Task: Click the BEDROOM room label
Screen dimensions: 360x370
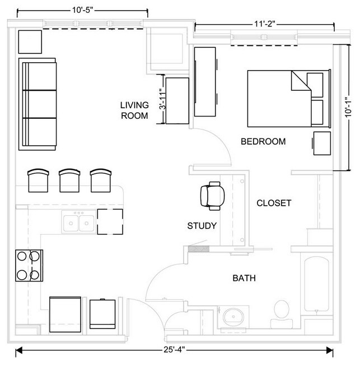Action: [x=263, y=141]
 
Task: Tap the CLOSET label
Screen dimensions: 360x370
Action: [x=274, y=203]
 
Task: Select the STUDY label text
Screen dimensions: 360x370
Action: [x=202, y=226]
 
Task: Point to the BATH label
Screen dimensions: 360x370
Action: [x=244, y=278]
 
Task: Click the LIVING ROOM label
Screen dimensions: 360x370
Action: [x=134, y=110]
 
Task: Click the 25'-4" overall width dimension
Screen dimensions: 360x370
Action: [x=174, y=349]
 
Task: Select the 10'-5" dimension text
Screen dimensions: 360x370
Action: [x=83, y=10]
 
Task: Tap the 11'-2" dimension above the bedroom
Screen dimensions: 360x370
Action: [x=265, y=24]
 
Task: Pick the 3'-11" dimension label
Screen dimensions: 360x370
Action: [x=162, y=99]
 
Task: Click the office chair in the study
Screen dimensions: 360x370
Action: [x=212, y=196]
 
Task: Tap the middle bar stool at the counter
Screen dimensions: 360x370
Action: [x=69, y=181]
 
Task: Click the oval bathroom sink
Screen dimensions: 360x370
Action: [x=233, y=317]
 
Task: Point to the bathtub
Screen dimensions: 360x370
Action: [x=316, y=285]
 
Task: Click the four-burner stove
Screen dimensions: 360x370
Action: [x=29, y=266]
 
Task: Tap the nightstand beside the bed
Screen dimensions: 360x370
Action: [x=322, y=143]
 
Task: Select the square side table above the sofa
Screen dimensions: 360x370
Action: [x=30, y=42]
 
